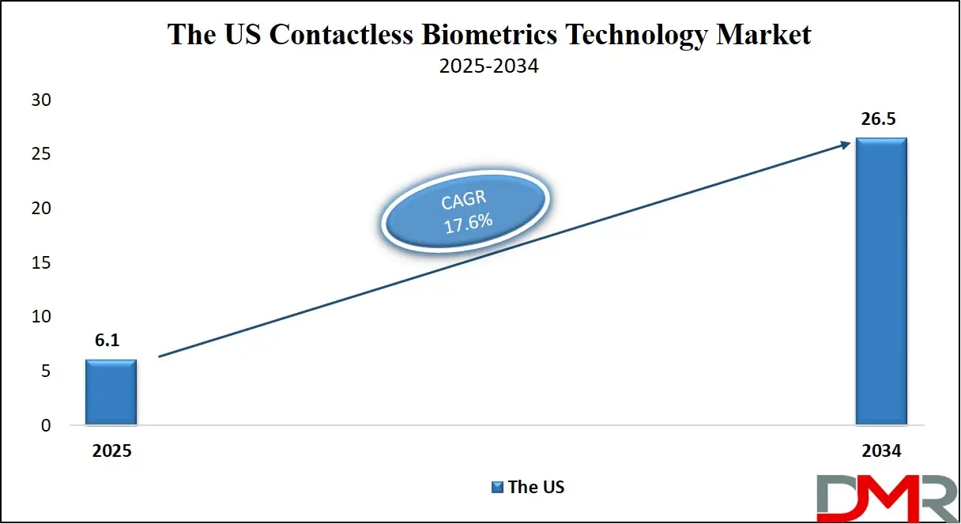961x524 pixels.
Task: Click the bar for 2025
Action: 111,392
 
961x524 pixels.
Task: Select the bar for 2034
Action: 881,281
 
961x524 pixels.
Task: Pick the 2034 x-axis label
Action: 881,450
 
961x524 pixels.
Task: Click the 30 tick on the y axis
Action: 40,100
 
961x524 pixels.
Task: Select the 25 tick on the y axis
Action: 40,154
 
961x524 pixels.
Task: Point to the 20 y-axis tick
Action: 40,209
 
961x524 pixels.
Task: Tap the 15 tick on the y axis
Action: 40,262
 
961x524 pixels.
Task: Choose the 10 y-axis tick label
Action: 40,317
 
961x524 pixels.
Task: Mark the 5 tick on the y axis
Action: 45,371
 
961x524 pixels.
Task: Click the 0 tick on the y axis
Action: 45,425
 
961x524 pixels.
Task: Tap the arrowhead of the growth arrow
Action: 845,143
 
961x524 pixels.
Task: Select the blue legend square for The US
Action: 497,487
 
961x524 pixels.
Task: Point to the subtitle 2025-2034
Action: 488,66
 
